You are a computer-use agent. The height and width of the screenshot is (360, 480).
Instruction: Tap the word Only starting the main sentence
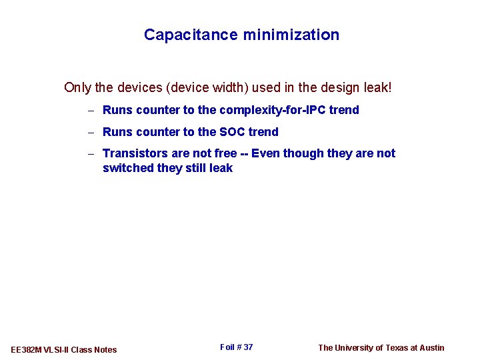(x=77, y=87)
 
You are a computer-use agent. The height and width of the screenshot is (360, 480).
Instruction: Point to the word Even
(x=265, y=153)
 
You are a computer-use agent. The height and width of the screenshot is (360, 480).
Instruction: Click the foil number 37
(x=248, y=347)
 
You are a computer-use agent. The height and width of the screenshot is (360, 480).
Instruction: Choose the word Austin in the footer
(x=431, y=347)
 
